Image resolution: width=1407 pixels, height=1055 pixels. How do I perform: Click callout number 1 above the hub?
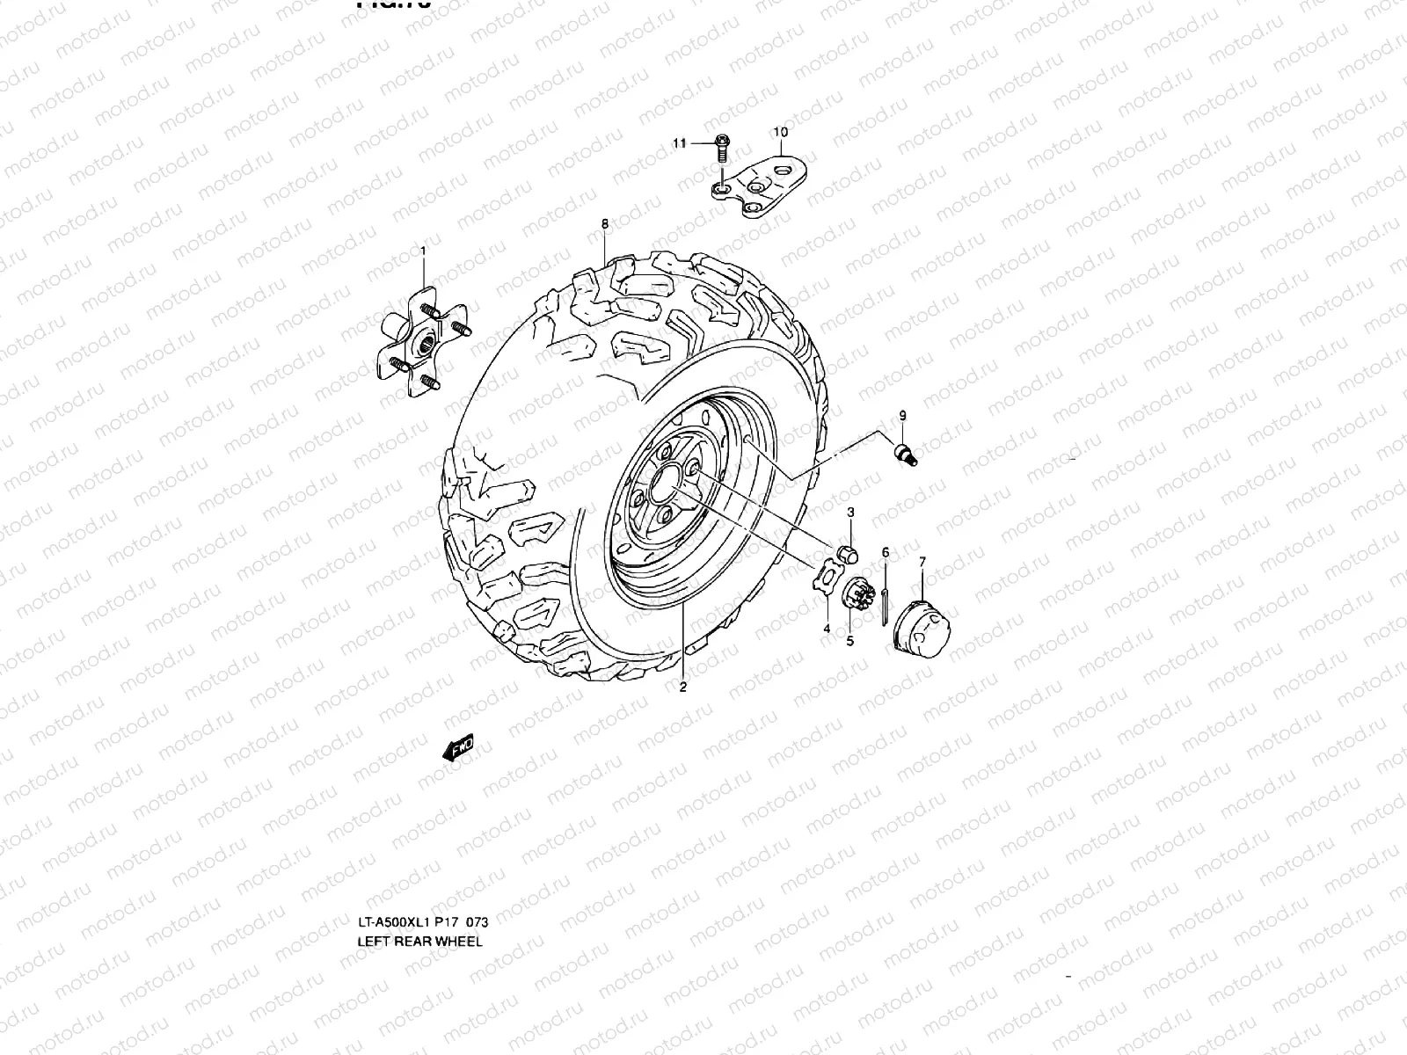(423, 251)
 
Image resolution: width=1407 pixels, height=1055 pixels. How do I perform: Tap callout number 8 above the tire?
(605, 224)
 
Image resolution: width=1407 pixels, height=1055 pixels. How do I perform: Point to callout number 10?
(780, 132)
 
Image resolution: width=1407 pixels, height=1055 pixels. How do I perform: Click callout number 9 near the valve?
(902, 414)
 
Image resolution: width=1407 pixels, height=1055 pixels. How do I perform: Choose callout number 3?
(851, 512)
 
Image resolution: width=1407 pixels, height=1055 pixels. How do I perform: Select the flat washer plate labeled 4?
(826, 581)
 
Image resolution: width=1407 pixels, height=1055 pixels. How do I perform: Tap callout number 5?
(850, 641)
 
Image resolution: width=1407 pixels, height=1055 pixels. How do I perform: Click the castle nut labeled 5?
(854, 594)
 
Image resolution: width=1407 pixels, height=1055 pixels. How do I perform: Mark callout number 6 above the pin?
(886, 552)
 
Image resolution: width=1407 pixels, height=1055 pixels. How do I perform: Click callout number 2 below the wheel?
(683, 688)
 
